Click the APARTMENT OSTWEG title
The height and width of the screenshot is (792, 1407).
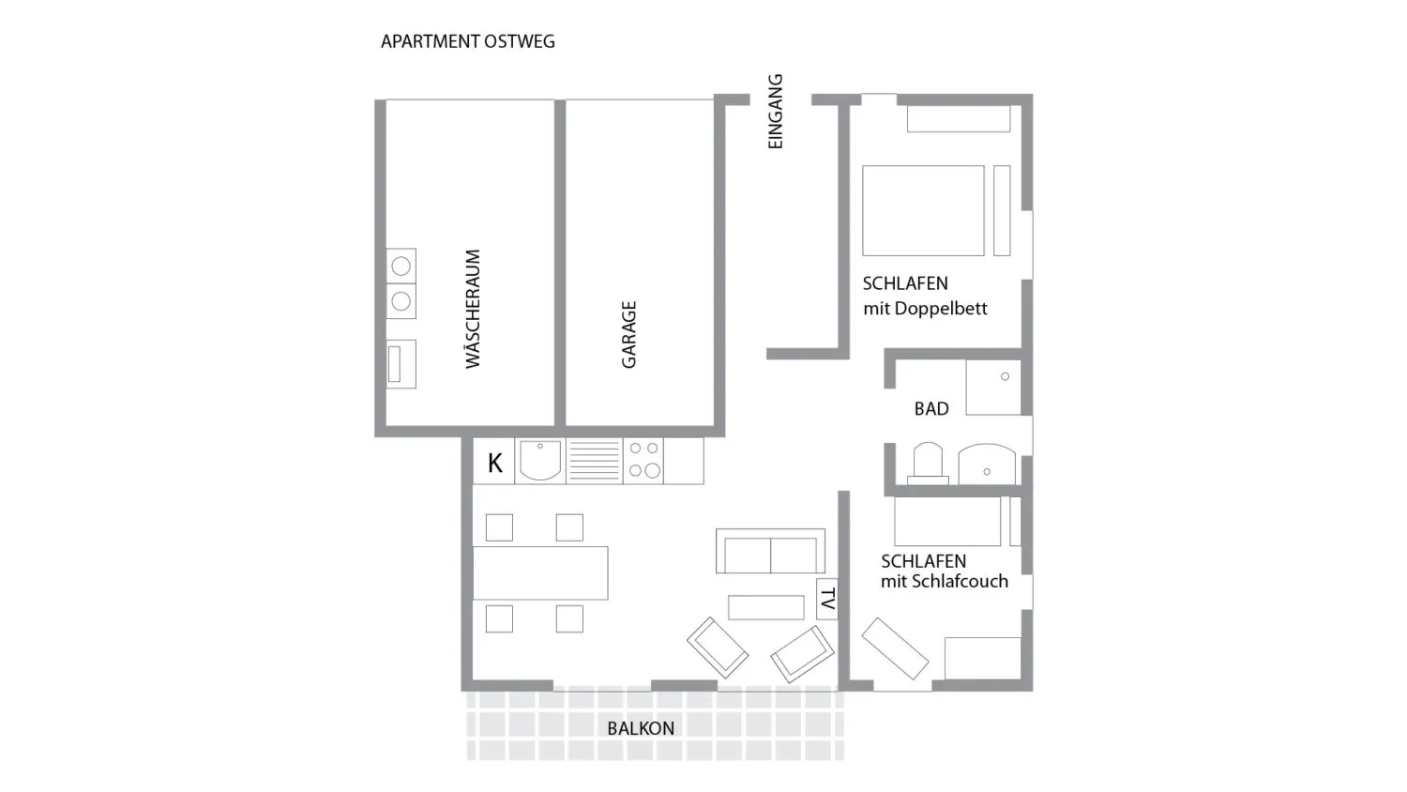467,41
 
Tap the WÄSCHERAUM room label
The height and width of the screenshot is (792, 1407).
473,309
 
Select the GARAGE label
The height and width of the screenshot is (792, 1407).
628,334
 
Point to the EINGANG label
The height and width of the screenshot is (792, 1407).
775,112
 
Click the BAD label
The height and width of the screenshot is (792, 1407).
931,408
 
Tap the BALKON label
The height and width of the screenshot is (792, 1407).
641,728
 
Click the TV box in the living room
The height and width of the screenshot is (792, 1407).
827,599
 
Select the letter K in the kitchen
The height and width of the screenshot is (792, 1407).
494,463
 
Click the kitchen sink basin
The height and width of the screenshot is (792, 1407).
540,460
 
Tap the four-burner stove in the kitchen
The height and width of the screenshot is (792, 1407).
643,460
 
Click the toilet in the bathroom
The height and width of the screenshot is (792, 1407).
928,463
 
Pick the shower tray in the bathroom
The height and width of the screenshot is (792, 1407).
993,388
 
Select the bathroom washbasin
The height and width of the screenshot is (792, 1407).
986,464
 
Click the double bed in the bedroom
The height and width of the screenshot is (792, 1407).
923,210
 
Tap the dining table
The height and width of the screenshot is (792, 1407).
540,572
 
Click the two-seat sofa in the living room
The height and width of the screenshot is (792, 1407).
770,552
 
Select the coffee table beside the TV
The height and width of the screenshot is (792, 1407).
765,608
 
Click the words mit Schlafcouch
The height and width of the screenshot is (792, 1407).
944,582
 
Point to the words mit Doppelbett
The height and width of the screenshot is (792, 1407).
925,309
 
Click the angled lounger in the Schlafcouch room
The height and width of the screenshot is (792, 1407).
895,647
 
